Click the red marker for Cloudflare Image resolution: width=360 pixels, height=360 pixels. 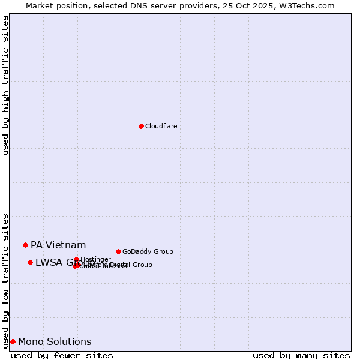(x=141, y=126)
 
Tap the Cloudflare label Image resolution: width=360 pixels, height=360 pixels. (x=161, y=126)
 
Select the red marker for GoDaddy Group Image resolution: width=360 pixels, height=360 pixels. (x=118, y=251)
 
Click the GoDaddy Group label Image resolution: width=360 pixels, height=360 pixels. (x=147, y=251)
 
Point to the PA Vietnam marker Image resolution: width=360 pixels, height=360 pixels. (x=25, y=245)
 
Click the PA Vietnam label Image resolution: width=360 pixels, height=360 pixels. (x=58, y=245)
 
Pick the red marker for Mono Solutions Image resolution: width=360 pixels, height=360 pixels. (x=13, y=341)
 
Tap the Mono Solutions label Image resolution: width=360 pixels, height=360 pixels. (x=55, y=341)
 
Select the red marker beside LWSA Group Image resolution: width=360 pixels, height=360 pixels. (x=30, y=262)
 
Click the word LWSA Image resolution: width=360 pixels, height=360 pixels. (x=48, y=262)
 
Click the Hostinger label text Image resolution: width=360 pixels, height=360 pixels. (x=95, y=259)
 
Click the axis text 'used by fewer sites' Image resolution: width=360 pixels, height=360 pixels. (x=62, y=355)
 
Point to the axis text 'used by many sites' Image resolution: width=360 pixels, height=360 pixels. (x=301, y=355)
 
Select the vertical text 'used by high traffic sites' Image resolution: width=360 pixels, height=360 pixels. (x=6, y=85)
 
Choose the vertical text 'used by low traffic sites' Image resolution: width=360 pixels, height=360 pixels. (x=6, y=281)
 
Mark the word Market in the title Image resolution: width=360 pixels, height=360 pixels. (x=40, y=5)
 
